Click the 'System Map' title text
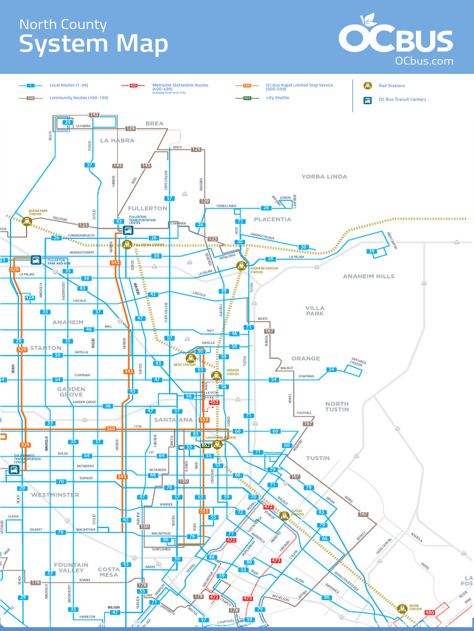[93, 44]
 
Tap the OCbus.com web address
[424, 61]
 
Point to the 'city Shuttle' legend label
[278, 98]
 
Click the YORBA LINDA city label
[324, 177]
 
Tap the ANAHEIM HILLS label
[368, 276]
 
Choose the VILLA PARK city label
[315, 311]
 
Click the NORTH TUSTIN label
[337, 407]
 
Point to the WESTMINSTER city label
[55, 495]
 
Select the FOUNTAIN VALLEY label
[71, 568]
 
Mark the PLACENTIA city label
[272, 219]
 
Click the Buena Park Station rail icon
[26, 220]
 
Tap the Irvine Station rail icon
[402, 608]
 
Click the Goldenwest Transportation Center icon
[14, 469]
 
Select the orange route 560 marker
[111, 428]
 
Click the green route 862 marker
[206, 446]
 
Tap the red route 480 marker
[430, 612]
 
